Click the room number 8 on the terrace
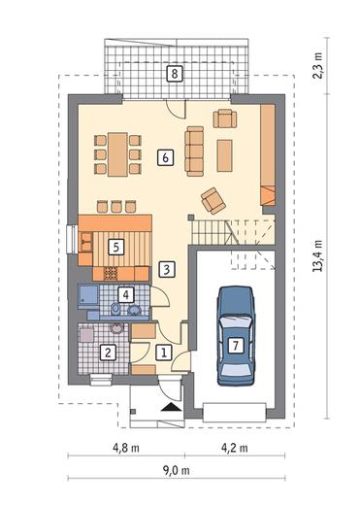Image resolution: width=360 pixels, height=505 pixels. tap(175, 74)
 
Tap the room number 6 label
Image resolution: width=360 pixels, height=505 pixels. tap(165, 158)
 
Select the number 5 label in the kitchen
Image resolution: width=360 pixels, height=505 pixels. tap(116, 248)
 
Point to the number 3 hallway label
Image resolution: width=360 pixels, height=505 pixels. tap(167, 269)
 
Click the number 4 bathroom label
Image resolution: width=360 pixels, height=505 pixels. tap(126, 294)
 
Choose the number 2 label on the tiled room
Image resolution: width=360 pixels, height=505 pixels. tap(108, 353)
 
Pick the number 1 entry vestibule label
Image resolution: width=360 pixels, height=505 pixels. tap(164, 353)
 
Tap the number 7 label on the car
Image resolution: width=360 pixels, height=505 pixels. tap(236, 346)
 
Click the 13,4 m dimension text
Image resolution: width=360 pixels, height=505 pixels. tap(317, 255)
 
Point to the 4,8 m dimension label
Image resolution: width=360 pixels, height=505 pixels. tap(126, 448)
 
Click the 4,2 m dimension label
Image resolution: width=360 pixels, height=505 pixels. tap(235, 448)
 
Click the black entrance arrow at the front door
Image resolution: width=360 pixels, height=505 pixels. tap(171, 407)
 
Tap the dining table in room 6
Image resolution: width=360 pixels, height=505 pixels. tap(117, 154)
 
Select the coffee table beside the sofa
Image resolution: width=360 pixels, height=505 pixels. tap(224, 155)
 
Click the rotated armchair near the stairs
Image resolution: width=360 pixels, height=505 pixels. tap(213, 201)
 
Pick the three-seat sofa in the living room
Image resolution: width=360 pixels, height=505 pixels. tap(194, 151)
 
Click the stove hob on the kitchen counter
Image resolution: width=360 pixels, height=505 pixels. tap(111, 274)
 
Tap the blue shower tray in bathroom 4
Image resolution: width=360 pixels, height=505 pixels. tap(88, 295)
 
